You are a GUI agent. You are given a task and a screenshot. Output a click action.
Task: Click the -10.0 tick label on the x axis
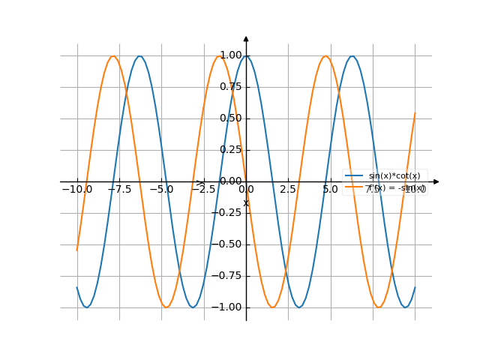coord(77,190)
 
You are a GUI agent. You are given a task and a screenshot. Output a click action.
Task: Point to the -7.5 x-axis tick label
coord(119,190)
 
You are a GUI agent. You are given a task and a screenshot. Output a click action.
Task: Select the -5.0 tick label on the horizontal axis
coord(161,190)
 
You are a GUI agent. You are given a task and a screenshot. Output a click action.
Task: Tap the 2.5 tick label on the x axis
coord(288,190)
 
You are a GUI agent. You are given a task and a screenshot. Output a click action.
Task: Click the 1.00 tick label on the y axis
coord(230,55)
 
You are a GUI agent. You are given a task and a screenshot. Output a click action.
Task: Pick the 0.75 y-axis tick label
coord(230,87)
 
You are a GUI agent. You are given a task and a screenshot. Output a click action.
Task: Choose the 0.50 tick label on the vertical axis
coord(230,118)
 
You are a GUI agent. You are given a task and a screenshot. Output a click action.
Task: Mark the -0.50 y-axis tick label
coord(228,244)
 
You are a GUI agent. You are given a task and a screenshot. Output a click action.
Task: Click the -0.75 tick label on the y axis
coord(228,276)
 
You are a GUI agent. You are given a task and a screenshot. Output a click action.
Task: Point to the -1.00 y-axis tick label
coord(228,307)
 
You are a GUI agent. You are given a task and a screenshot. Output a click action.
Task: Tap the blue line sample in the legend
coord(355,175)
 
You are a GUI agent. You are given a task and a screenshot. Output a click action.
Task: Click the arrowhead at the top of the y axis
coord(246,38)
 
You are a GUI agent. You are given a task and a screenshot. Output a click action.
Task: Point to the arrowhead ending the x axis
coord(436,181)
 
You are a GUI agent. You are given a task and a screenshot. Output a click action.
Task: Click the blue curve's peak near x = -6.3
coord(140,55)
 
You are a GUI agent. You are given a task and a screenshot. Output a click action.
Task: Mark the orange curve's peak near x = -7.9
coord(113,55)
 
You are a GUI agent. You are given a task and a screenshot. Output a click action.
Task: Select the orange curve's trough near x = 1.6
coord(273,307)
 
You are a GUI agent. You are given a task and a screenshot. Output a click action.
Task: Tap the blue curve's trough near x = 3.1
coord(299,307)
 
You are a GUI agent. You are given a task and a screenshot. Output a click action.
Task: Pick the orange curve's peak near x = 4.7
coord(325,55)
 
